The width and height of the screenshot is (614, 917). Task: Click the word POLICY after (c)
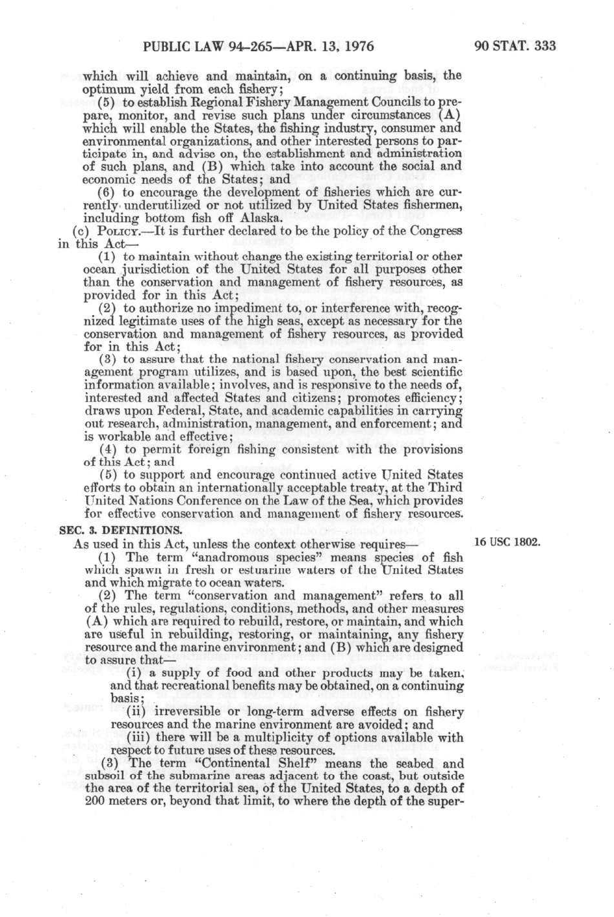pos(116,232)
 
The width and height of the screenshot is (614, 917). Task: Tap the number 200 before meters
pos(95,801)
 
